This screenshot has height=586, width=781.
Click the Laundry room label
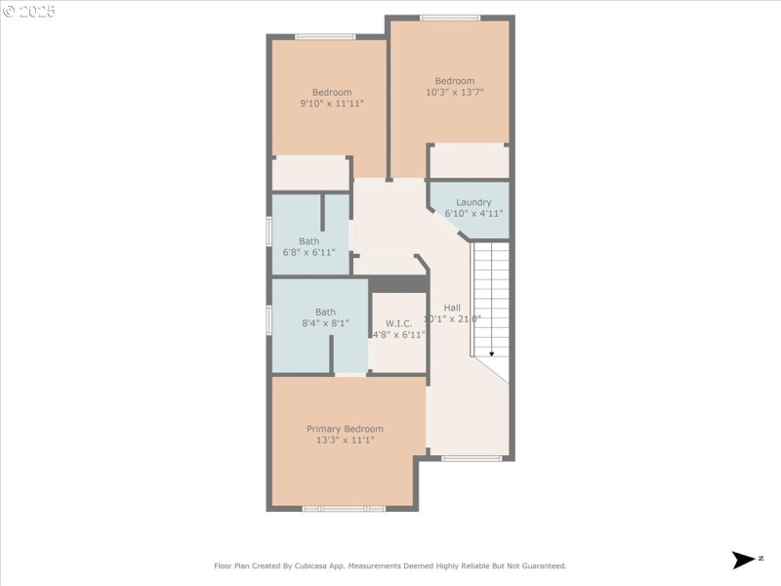click(x=473, y=202)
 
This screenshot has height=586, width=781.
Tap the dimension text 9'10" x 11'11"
click(x=332, y=103)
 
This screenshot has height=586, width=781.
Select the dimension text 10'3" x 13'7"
click(x=455, y=92)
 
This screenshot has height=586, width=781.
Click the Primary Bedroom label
click(x=345, y=429)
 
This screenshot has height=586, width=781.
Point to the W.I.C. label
click(x=398, y=323)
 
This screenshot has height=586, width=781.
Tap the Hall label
click(x=452, y=308)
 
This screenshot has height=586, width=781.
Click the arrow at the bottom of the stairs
click(x=491, y=353)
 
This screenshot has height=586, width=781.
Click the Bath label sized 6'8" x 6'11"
click(x=308, y=241)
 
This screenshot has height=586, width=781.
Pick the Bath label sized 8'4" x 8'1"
click(x=325, y=313)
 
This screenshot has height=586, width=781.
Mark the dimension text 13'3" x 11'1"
click(x=345, y=440)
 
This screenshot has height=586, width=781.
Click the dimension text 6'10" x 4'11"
click(x=473, y=213)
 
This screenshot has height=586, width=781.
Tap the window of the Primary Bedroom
click(x=344, y=508)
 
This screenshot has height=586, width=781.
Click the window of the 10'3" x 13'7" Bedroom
click(x=450, y=18)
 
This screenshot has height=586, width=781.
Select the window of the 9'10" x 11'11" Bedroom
click(x=325, y=37)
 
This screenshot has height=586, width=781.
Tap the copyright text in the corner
click(x=29, y=12)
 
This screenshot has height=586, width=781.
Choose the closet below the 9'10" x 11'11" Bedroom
click(x=310, y=174)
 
